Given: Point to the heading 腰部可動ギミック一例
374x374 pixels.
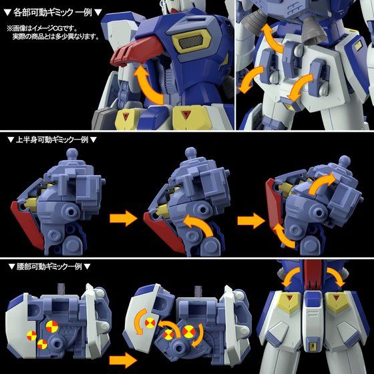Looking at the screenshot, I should [x=51, y=266].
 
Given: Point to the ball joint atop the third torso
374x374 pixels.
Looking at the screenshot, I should [x=345, y=161].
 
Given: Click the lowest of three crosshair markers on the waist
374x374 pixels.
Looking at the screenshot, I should [x=42, y=344].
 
